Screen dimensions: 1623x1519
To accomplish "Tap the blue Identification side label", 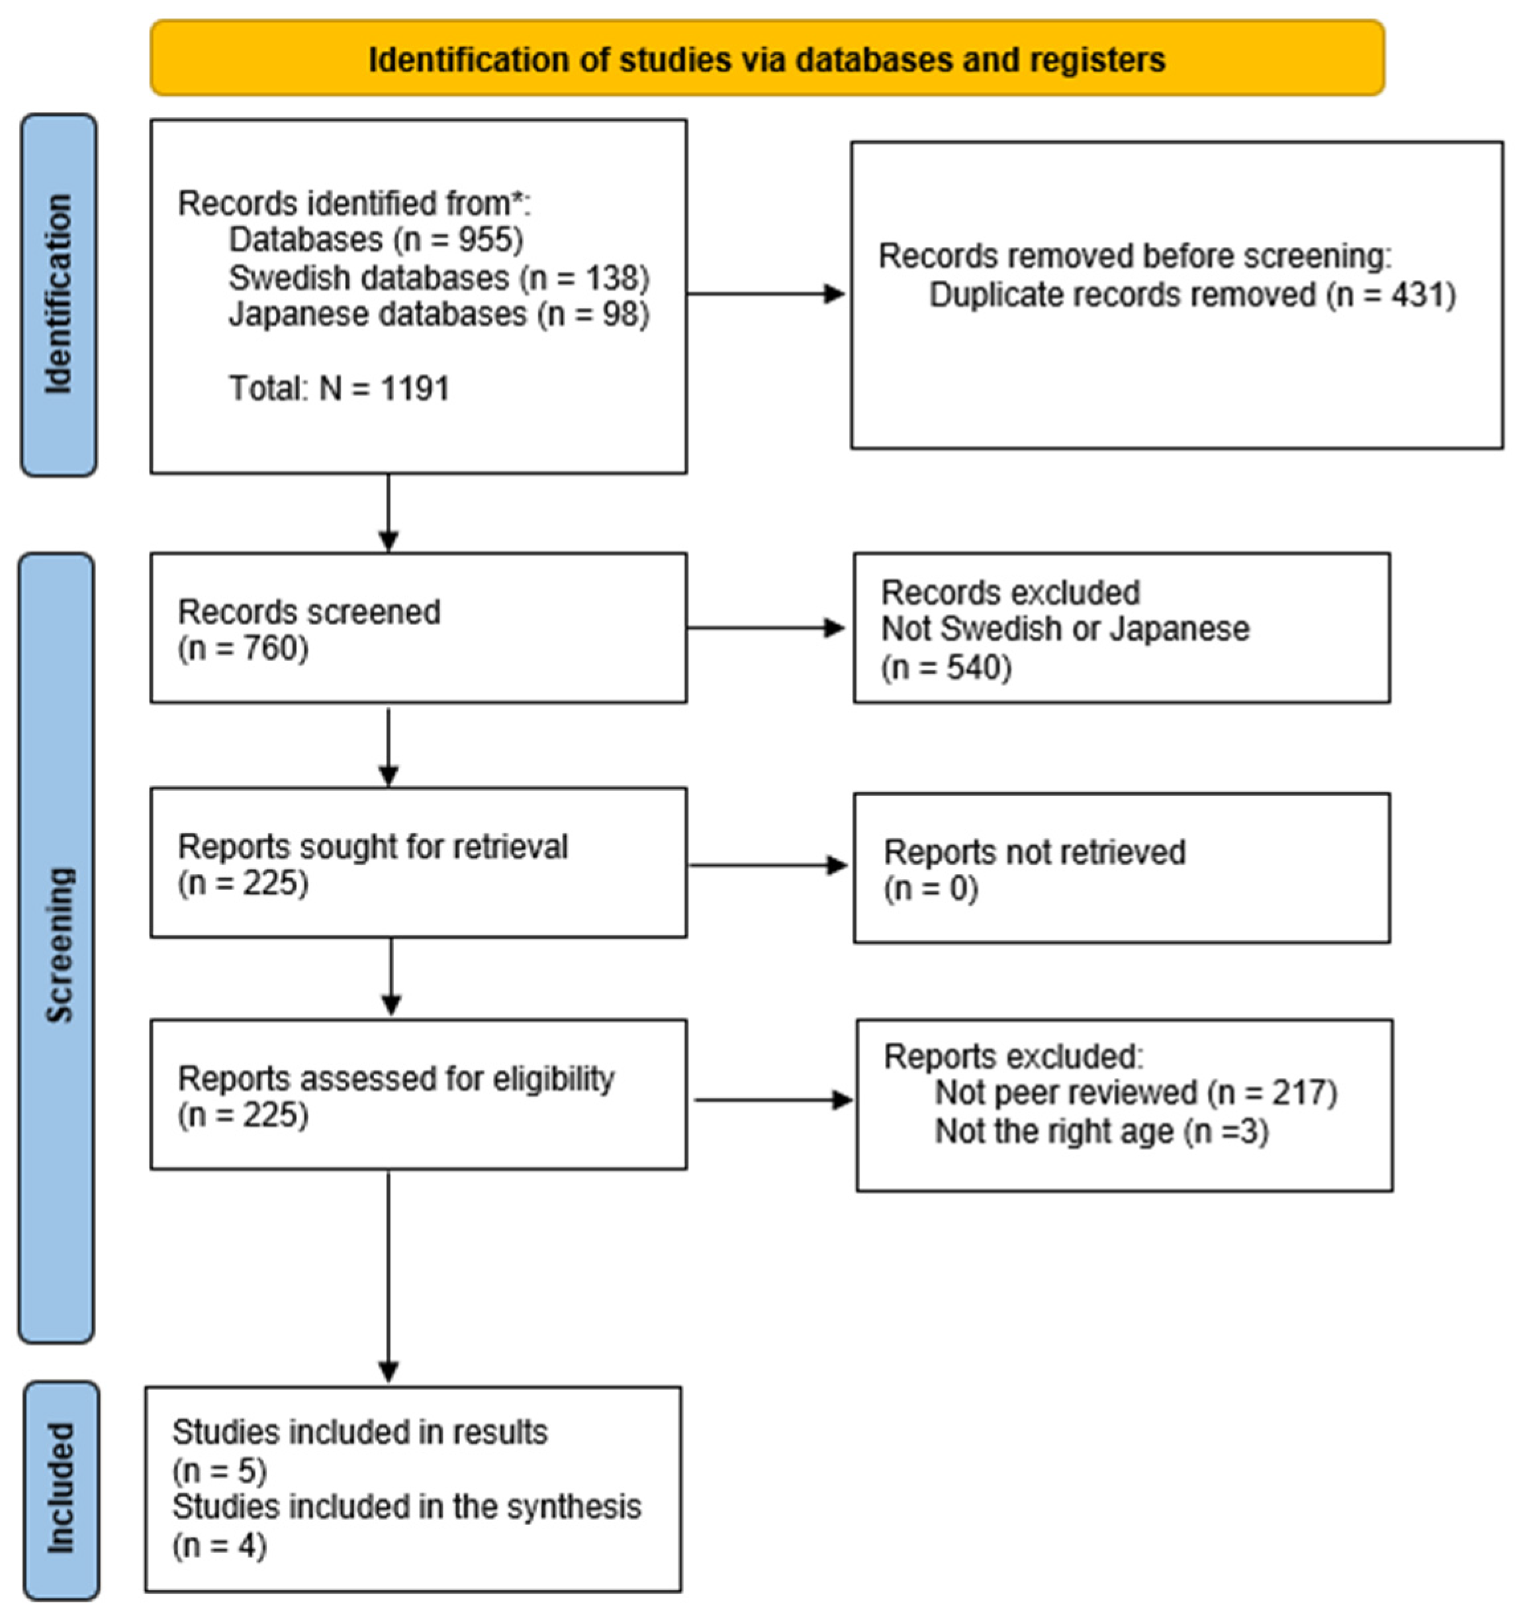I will coord(58,294).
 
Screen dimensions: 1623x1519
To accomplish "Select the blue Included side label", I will coord(61,1487).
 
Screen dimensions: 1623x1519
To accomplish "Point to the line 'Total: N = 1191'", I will coord(339,389).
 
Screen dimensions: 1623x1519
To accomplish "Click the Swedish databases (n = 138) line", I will coord(438,277).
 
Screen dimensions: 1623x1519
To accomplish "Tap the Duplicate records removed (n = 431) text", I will coord(1191,295).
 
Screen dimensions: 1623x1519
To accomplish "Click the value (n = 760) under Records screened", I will coord(243,649).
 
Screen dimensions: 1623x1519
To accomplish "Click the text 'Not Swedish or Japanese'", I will coord(1064,628).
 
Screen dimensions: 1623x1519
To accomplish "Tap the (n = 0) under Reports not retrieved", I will coord(930,888).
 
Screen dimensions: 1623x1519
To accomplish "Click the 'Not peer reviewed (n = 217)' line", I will coord(1134,1093).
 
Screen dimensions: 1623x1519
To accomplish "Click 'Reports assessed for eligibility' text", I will coord(396,1079).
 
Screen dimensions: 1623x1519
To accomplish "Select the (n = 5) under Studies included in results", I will coord(218,1470).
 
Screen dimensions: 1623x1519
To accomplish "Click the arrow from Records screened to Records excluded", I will coord(766,628).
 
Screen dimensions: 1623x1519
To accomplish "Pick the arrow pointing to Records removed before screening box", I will coord(766,294).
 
